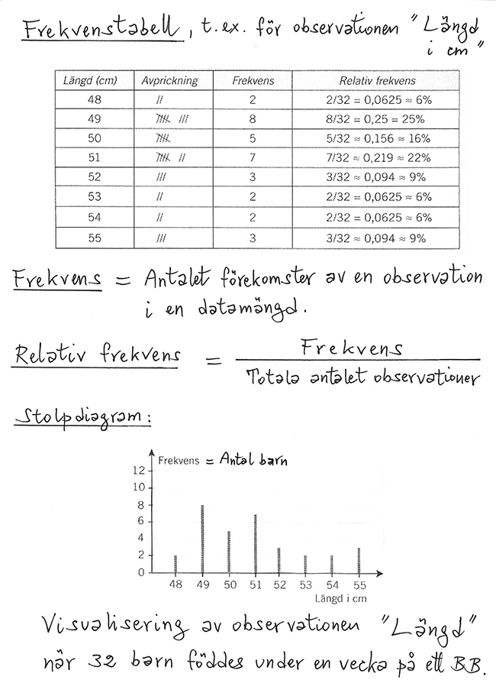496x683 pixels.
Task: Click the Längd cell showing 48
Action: (x=94, y=100)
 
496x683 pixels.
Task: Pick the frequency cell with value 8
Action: (x=253, y=120)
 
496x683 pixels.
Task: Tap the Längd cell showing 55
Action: (x=94, y=238)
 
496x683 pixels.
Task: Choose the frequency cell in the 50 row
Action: (x=253, y=139)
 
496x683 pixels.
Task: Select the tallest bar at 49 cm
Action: (x=202, y=539)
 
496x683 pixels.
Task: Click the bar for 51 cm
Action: (x=255, y=544)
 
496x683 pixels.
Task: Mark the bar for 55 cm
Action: (x=358, y=560)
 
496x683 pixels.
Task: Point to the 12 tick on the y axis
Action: (x=138, y=471)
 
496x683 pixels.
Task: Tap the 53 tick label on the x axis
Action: (x=306, y=585)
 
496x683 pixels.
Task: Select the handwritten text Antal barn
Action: (x=256, y=460)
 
